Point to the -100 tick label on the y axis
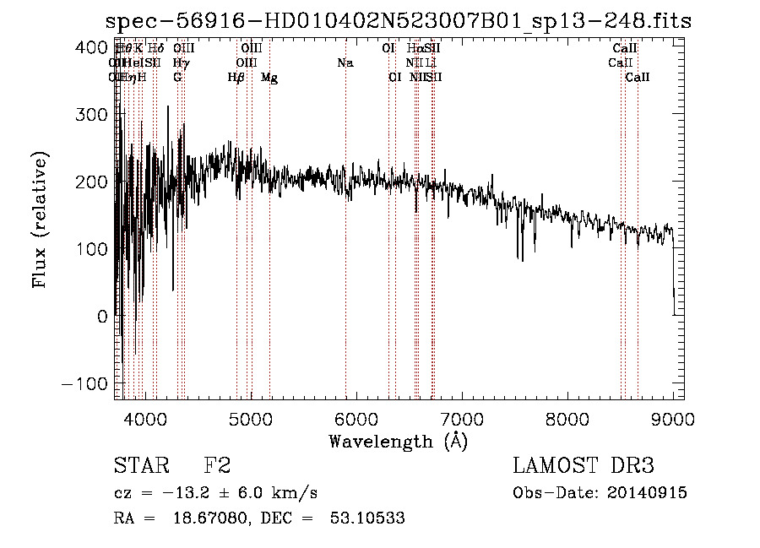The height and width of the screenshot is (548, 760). click(86, 383)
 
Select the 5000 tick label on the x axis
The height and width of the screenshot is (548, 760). click(250, 418)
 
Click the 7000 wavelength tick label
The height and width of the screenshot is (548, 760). click(461, 418)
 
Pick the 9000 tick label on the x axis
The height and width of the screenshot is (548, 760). click(672, 418)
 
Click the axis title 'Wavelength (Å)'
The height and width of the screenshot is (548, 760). click(398, 441)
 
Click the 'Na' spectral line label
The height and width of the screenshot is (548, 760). click(345, 62)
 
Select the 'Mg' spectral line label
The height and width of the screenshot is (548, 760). click(269, 78)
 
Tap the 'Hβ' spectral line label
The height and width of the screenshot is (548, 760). click(236, 78)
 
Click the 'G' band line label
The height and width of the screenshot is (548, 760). click(177, 78)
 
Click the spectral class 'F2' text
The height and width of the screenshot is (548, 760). click(217, 466)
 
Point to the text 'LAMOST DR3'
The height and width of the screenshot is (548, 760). click(584, 466)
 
